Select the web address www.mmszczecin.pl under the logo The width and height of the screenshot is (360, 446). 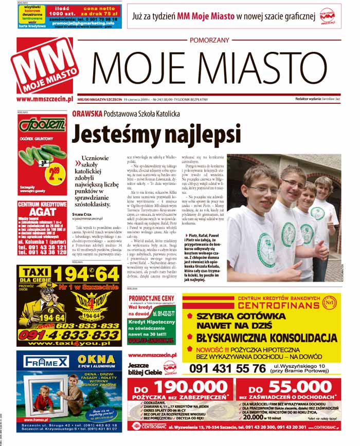tap(44, 99)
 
